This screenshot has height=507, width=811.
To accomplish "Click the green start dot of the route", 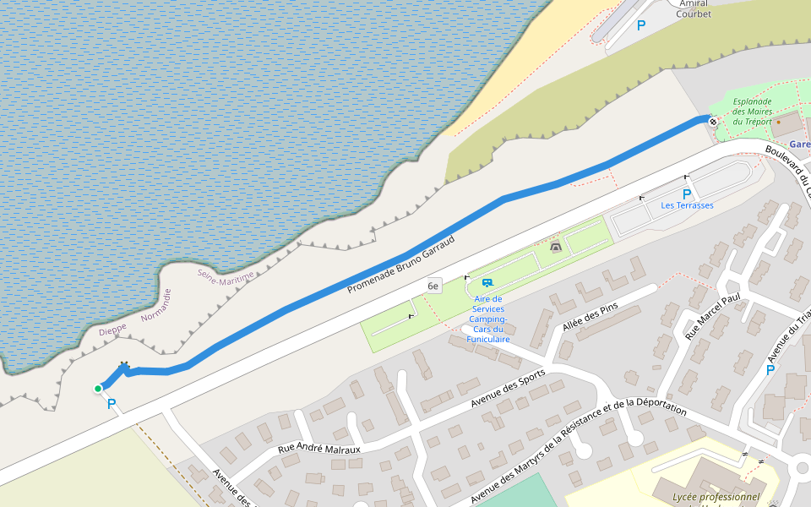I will click(98, 389).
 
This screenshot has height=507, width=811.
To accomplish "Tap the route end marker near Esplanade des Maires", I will click(714, 122).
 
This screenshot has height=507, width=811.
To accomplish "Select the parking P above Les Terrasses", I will click(686, 194).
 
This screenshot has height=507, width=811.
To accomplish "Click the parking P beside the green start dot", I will click(111, 405).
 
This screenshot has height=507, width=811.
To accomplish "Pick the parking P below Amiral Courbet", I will click(640, 26).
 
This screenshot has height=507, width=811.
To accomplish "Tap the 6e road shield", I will click(433, 286).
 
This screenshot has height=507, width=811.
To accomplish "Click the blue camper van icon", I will click(487, 283).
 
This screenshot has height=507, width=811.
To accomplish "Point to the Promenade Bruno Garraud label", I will click(401, 264).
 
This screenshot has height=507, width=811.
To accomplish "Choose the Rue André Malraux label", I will click(319, 448).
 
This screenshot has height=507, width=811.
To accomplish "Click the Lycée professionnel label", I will click(716, 497).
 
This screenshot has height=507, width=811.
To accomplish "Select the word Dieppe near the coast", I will click(112, 330).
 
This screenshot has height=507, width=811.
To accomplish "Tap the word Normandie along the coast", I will click(156, 306).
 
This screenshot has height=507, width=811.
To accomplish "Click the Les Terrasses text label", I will click(687, 205).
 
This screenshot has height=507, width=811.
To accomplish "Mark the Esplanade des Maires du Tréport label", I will click(752, 112).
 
